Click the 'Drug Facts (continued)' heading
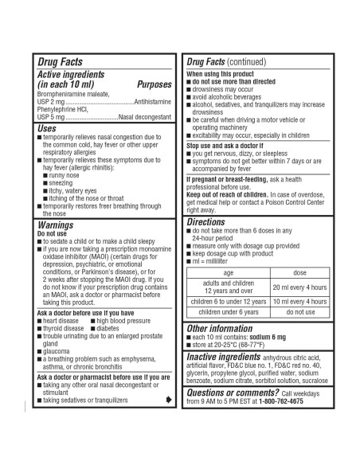(x=228, y=61)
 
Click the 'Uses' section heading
(x=47, y=127)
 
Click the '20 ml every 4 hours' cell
(x=299, y=287)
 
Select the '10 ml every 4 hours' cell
(x=299, y=302)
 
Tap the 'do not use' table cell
(x=299, y=313)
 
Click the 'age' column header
(x=229, y=273)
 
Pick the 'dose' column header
(x=299, y=273)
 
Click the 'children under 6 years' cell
(x=229, y=313)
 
